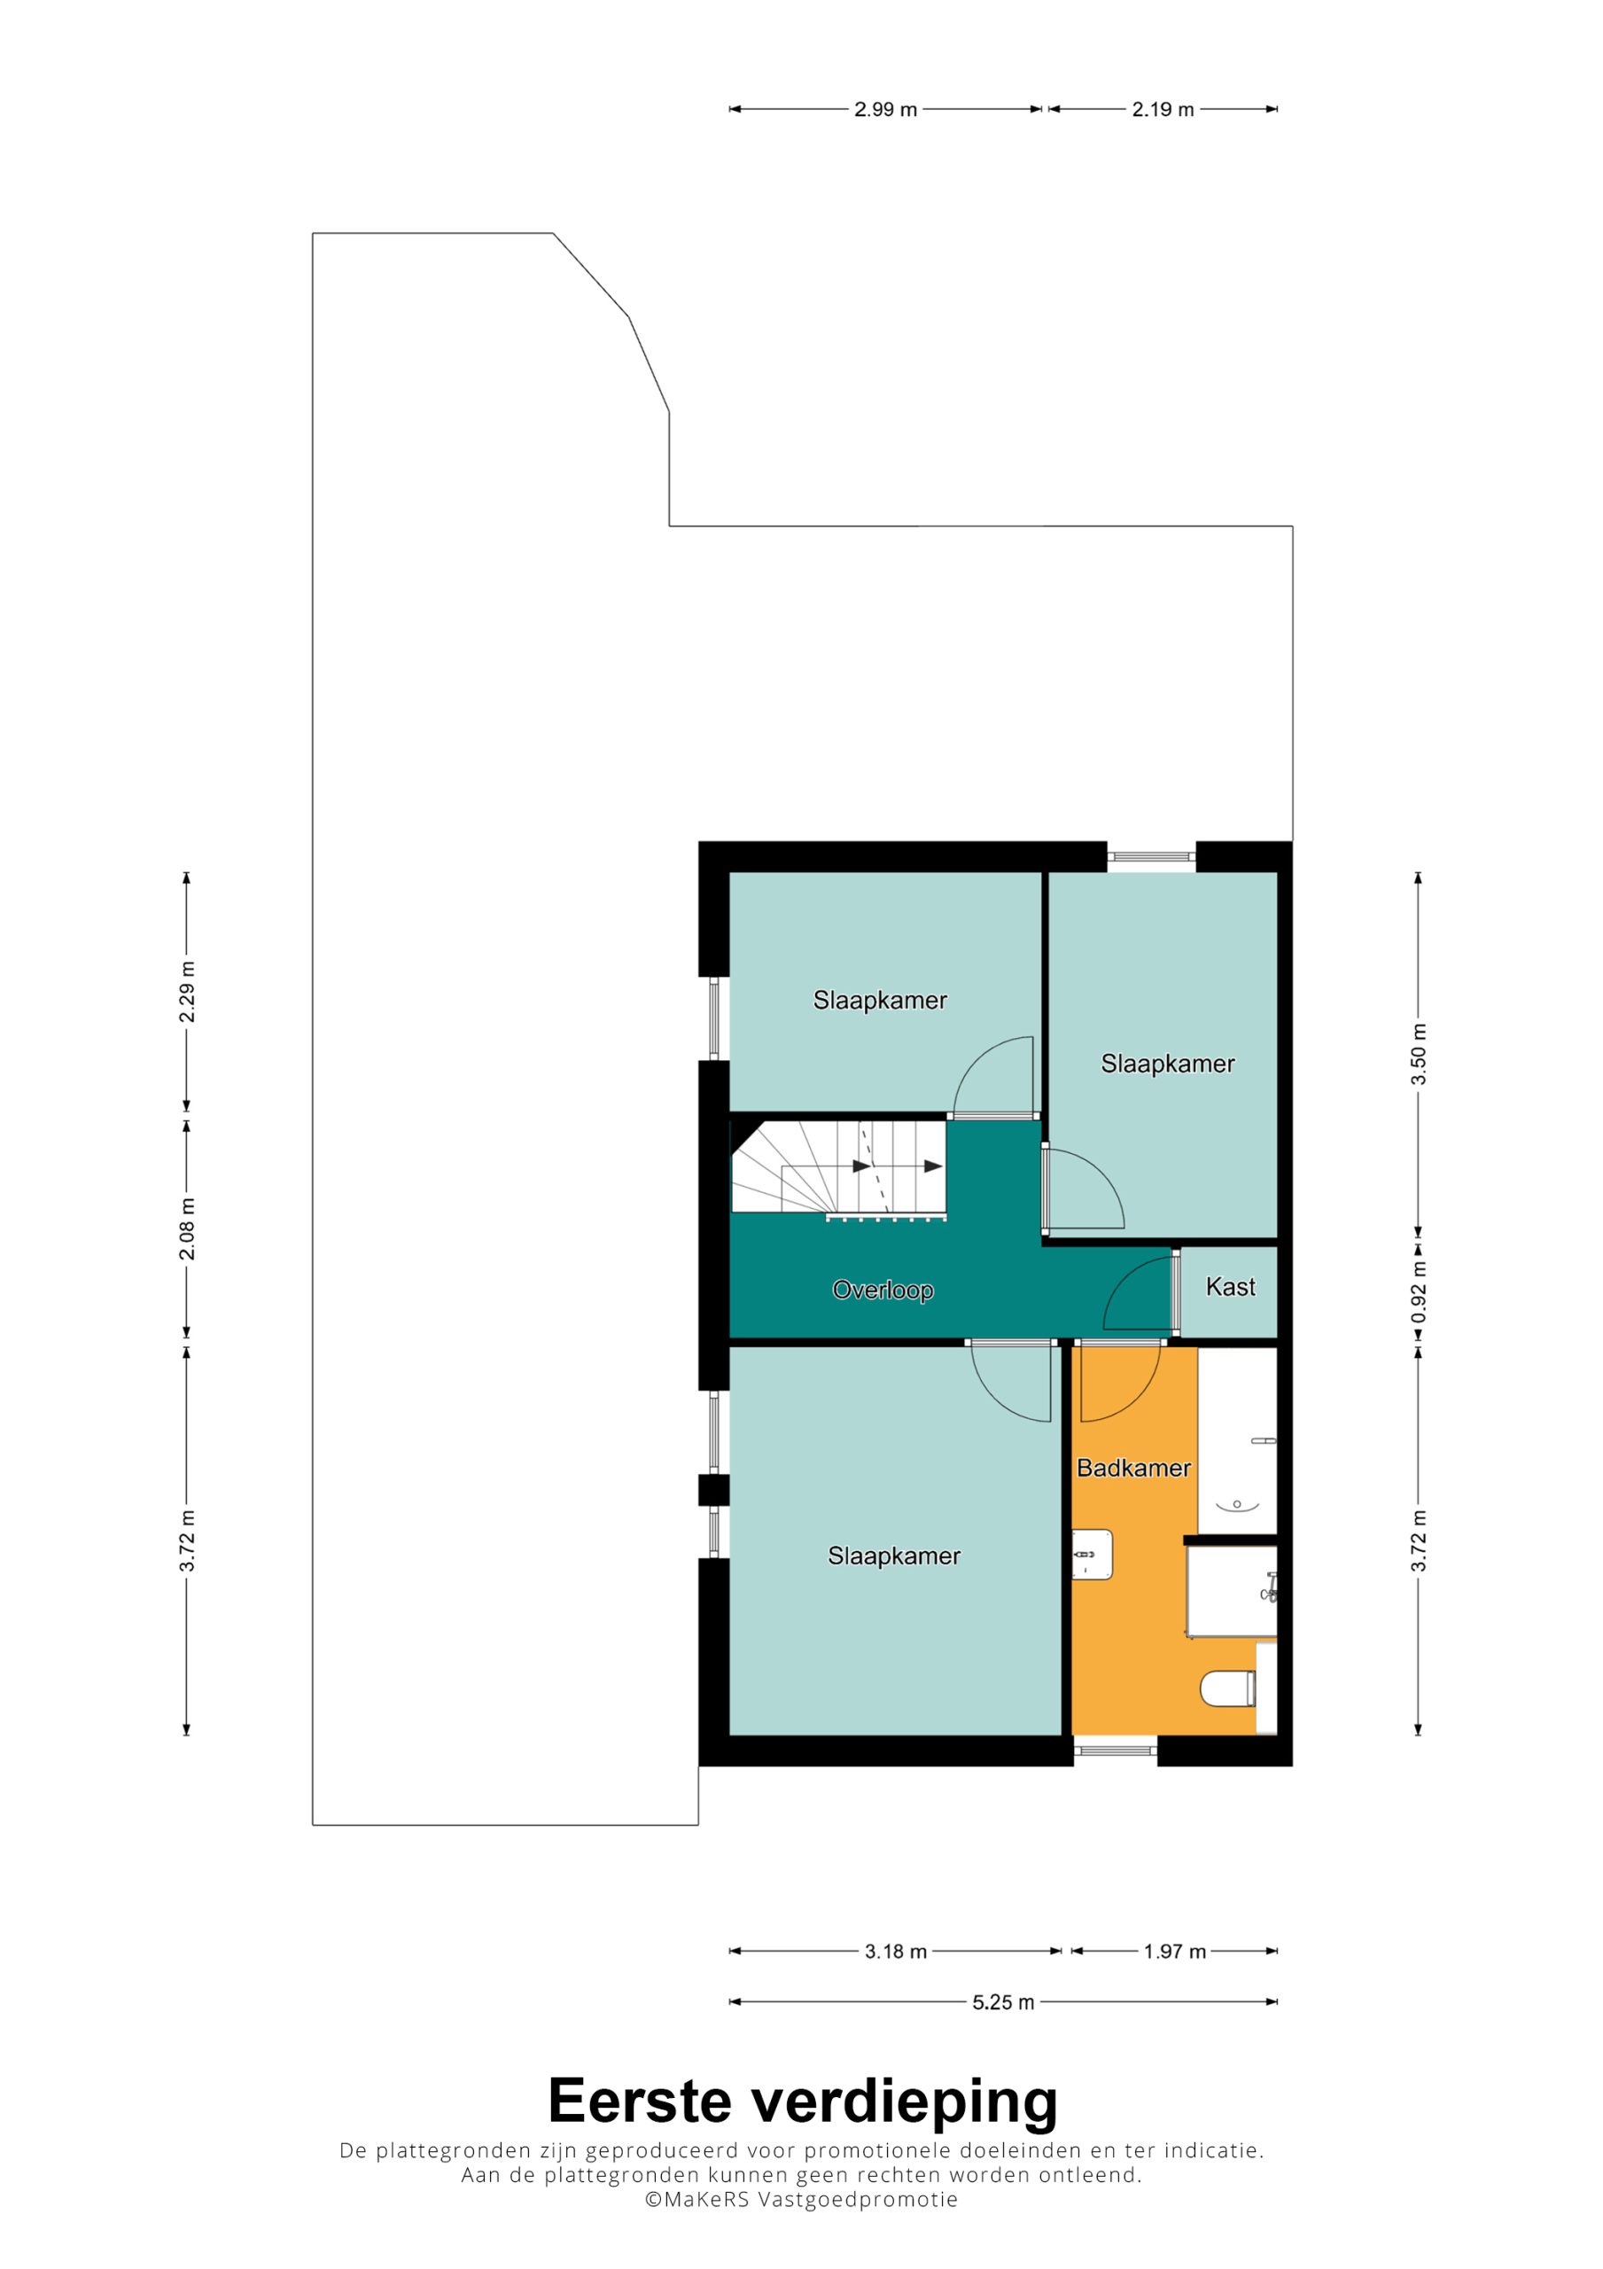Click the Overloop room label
click(883, 1290)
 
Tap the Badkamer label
click(1133, 1468)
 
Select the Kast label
click(1231, 1287)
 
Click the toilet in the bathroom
click(1227, 1689)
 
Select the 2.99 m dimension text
click(885, 110)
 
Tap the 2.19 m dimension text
click(1163, 110)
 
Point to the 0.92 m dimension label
click(1420, 1291)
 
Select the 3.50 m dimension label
click(1420, 1054)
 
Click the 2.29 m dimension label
click(187, 991)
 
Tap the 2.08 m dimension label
click(187, 1228)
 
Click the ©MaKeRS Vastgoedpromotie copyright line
click(801, 2201)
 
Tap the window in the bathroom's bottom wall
click(1116, 1750)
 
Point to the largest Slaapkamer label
click(893, 1556)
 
